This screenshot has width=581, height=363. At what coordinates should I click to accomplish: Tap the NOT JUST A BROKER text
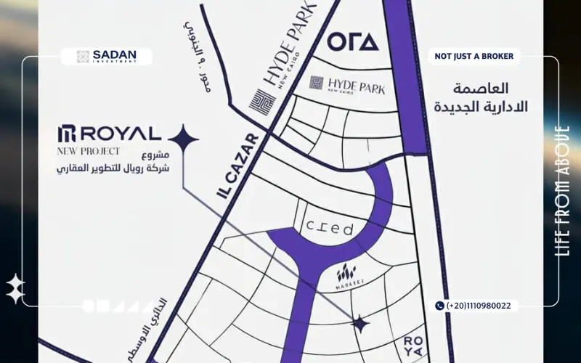click(474, 56)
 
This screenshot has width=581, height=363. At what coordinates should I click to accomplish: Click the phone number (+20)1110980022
click(479, 306)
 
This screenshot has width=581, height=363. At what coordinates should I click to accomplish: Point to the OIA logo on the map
click(353, 41)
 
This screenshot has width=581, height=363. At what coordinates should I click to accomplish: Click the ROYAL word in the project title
click(119, 134)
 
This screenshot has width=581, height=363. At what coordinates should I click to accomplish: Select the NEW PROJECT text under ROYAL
click(89, 152)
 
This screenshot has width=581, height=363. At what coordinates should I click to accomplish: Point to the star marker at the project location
click(359, 324)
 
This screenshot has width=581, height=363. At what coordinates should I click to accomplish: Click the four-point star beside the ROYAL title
click(183, 138)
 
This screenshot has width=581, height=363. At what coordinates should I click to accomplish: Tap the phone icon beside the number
click(439, 306)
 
